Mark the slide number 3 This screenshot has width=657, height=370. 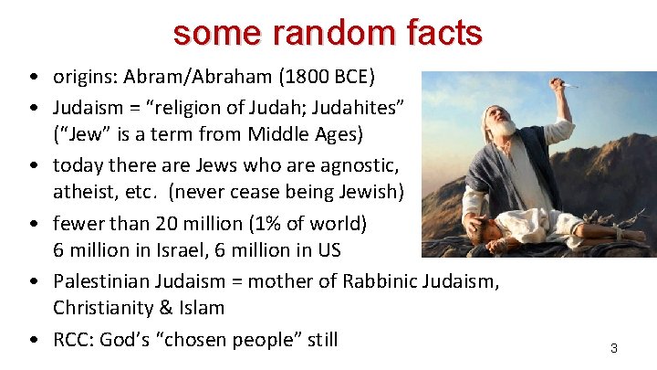tap(614, 348)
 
